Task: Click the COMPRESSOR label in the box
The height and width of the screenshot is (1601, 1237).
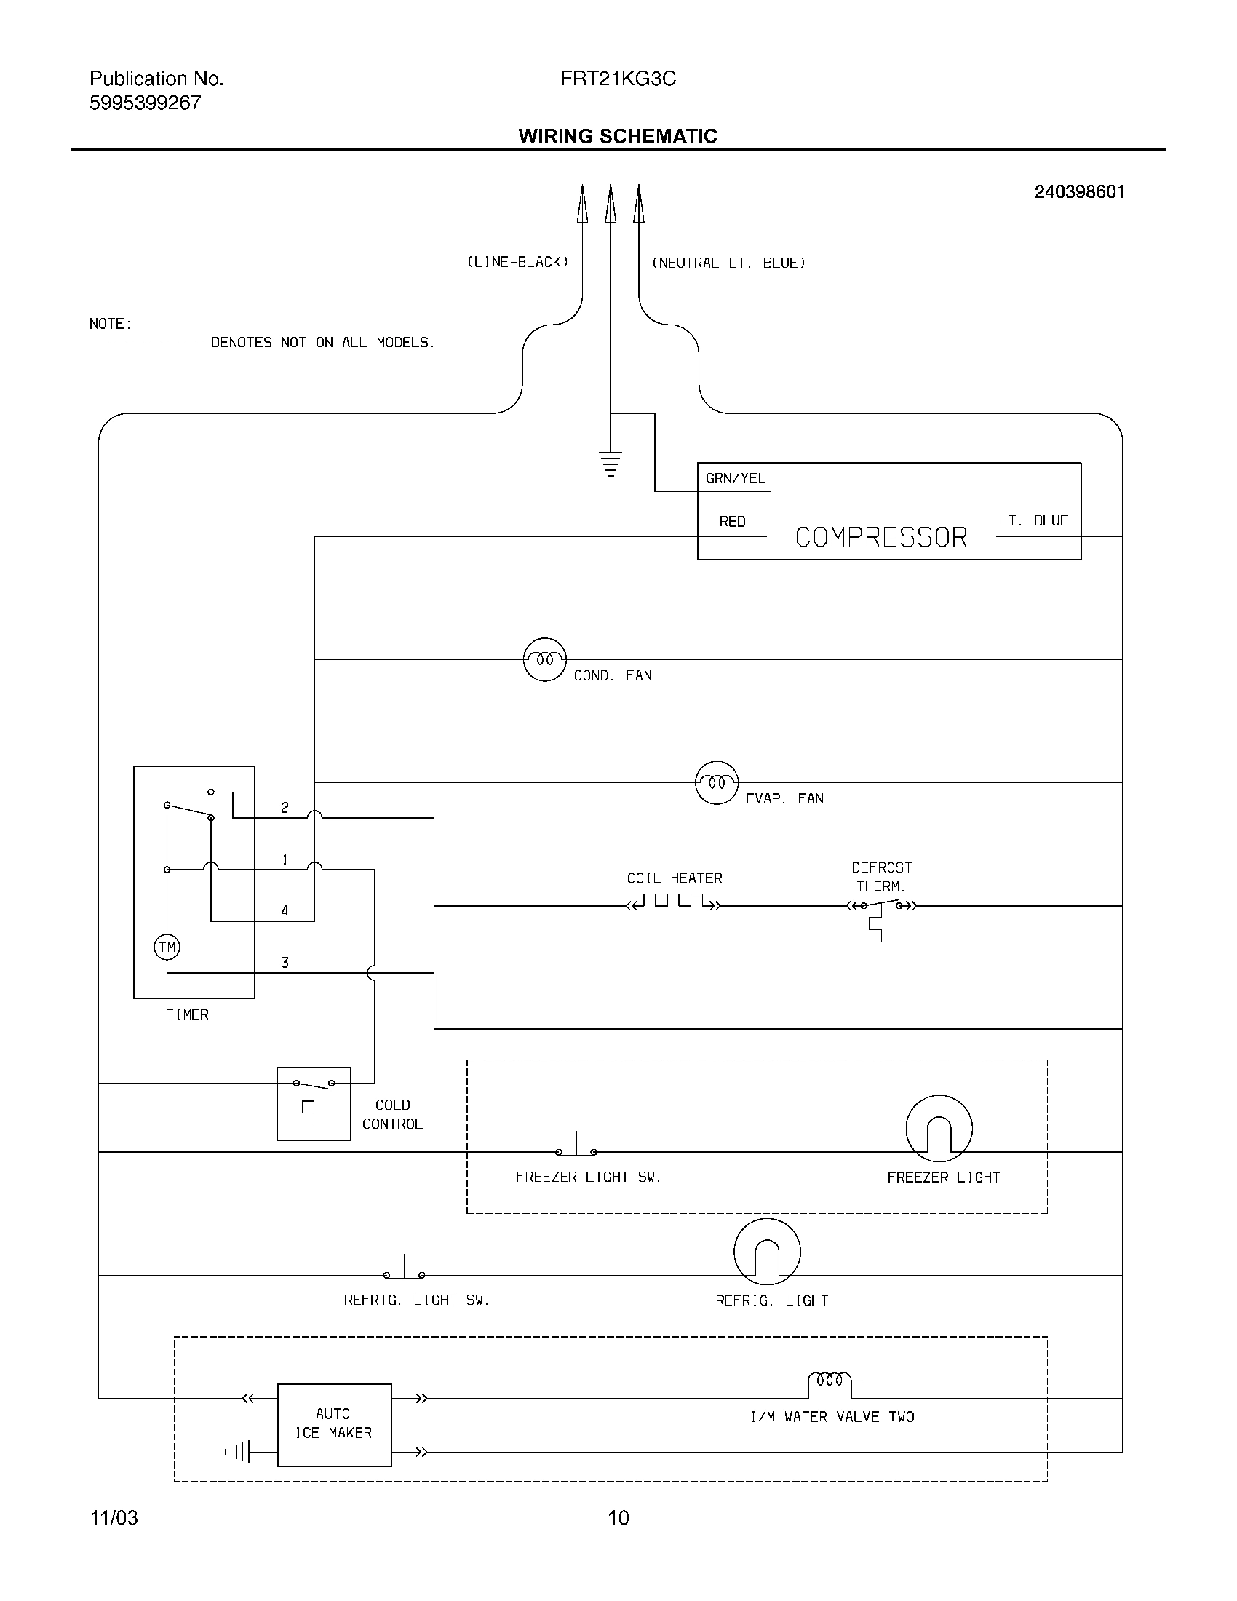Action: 881,537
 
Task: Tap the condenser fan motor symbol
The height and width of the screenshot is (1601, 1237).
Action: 544,659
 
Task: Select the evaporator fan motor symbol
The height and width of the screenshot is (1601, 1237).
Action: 716,782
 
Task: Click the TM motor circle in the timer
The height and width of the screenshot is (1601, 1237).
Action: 167,946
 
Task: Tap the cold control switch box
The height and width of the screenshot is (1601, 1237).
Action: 314,1103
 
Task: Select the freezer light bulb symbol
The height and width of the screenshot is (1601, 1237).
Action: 939,1129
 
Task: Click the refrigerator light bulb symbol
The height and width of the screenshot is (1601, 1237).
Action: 766,1252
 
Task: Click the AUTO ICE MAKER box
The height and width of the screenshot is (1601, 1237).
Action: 334,1424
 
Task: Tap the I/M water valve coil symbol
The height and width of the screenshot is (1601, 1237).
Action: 830,1380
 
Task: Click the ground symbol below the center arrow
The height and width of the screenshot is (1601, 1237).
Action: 610,464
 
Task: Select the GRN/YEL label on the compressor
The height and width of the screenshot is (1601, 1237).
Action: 735,479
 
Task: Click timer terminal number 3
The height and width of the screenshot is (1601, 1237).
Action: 285,963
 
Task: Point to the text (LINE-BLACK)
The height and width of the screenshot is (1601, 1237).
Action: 517,262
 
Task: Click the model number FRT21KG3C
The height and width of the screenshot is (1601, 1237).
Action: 618,79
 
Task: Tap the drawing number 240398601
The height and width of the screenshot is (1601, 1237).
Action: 1078,192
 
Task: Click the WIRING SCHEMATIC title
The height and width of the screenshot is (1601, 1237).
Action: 618,136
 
